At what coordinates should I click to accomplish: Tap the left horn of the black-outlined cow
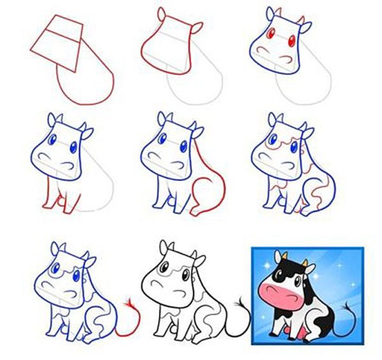pyautogui.click(x=168, y=245)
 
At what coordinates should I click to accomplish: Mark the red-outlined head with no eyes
pyautogui.click(x=167, y=45)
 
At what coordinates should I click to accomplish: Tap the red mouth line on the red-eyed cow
pyautogui.click(x=285, y=60)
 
